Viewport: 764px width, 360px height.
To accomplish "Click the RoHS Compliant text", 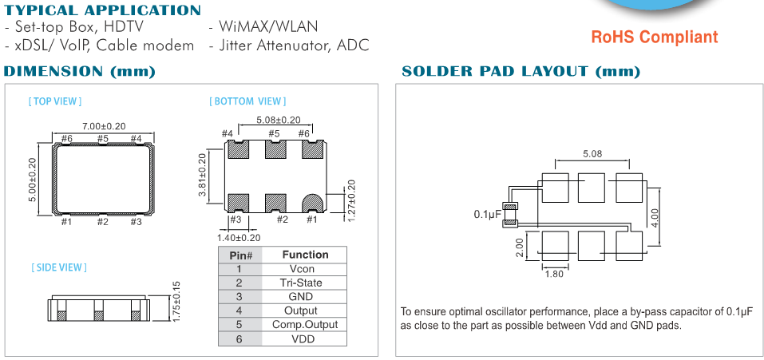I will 654,37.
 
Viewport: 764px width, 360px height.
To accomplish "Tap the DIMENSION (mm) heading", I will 80,72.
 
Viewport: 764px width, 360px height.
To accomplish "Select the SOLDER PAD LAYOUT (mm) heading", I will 521,72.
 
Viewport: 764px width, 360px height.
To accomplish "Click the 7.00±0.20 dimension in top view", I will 104,126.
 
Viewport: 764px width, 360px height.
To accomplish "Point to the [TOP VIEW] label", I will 55,101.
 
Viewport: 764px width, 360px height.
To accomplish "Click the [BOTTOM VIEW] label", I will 247,101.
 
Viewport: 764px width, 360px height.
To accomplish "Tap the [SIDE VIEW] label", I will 60,267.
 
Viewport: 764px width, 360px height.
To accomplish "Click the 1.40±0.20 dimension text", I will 239,237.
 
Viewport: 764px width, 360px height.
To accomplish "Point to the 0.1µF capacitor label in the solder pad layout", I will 487,215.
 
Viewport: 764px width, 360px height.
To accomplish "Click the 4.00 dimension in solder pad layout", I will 654,216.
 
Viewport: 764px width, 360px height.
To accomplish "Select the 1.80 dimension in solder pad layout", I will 554,275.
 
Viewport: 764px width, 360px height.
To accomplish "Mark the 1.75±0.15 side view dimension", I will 176,302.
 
